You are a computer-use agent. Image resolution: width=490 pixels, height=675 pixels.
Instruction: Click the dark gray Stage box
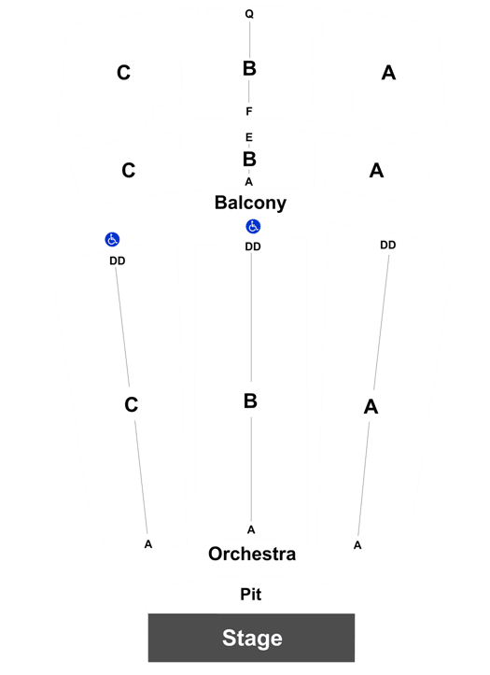pyautogui.click(x=251, y=638)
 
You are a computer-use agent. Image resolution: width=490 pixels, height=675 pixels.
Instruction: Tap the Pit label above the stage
pyautogui.click(x=251, y=594)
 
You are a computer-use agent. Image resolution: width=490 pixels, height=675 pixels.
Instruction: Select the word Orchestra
pyautogui.click(x=252, y=554)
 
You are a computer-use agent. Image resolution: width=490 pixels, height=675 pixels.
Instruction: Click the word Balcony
pyautogui.click(x=250, y=203)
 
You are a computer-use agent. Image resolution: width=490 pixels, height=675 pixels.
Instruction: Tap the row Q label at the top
pyautogui.click(x=249, y=14)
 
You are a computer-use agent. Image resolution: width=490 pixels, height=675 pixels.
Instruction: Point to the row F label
pyautogui.click(x=248, y=111)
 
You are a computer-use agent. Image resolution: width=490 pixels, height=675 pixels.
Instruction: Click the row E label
pyautogui.click(x=248, y=137)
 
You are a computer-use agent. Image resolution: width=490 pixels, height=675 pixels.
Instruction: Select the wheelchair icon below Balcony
pyautogui.click(x=253, y=226)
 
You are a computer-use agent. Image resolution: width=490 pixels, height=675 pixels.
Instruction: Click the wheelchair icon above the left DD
pyautogui.click(x=112, y=239)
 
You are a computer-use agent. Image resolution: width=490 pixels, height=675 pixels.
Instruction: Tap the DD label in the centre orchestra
pyautogui.click(x=253, y=246)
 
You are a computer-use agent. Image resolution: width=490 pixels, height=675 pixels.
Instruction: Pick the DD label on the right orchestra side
pyautogui.click(x=387, y=245)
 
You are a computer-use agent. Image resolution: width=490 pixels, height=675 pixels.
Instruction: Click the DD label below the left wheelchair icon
pyautogui.click(x=118, y=260)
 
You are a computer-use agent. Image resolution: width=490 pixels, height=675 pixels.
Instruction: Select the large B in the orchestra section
pyautogui.click(x=250, y=401)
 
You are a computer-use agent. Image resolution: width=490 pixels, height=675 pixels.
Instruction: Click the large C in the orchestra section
pyautogui.click(x=132, y=404)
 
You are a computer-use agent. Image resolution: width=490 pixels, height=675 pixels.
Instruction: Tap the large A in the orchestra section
pyautogui.click(x=371, y=406)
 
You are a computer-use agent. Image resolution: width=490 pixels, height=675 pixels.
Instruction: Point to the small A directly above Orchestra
pyautogui.click(x=251, y=530)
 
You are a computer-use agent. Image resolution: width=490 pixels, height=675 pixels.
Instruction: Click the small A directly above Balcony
pyautogui.click(x=248, y=182)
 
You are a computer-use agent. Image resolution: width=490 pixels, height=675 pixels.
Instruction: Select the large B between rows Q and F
pyautogui.click(x=249, y=68)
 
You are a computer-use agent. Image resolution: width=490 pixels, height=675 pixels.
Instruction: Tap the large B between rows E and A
pyautogui.click(x=249, y=160)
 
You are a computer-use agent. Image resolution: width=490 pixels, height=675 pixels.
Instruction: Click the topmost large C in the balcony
pyautogui.click(x=123, y=72)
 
